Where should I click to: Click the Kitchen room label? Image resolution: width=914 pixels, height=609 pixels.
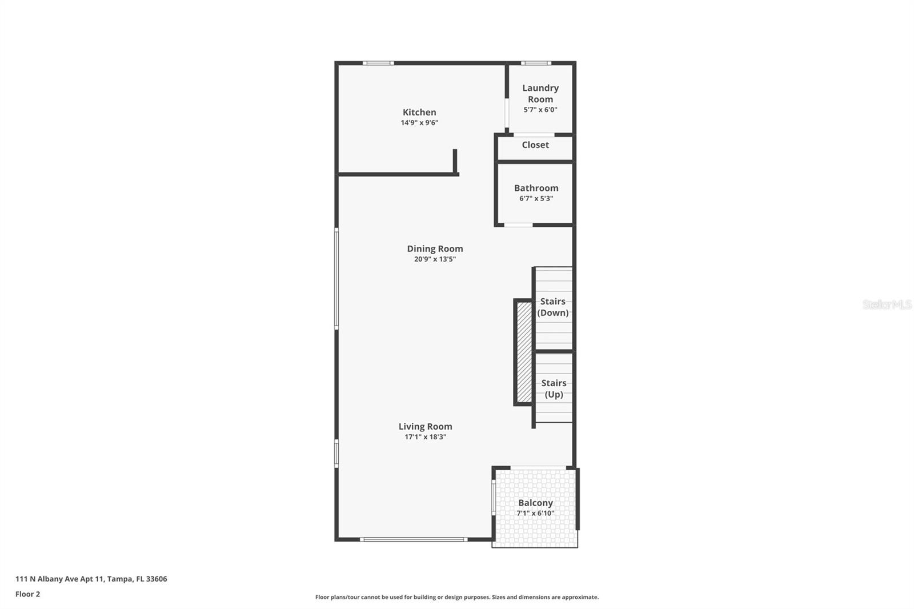419,113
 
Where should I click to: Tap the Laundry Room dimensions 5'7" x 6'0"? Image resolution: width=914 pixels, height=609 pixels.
540,110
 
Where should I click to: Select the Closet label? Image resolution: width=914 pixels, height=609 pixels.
535,145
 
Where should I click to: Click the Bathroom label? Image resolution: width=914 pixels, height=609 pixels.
536,188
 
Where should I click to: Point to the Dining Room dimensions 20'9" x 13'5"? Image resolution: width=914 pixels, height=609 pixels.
435,259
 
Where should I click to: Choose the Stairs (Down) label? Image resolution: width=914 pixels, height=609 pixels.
553,307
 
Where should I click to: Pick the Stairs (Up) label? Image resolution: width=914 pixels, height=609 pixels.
554,388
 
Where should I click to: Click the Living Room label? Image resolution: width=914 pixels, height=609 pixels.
425,427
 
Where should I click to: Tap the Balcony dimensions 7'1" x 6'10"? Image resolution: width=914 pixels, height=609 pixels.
535,513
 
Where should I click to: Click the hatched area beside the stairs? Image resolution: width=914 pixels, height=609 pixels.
524,352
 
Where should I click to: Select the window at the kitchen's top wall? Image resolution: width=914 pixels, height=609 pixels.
378,63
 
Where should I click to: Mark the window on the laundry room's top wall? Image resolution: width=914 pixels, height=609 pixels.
535,63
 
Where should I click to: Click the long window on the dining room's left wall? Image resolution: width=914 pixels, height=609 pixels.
336,278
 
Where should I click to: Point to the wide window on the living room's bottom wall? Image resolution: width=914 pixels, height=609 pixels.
414,539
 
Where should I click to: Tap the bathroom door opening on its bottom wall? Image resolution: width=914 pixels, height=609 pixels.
518,225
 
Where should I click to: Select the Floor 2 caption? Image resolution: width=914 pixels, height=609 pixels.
27,594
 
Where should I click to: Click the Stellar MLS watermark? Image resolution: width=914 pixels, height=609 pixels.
887,304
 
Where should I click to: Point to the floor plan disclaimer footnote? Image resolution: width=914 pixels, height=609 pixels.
457,597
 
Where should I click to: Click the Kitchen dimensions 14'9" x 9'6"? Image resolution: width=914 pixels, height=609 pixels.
419,123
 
